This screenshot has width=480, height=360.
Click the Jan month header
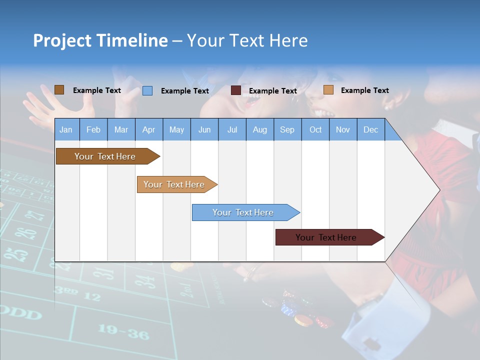[66, 129]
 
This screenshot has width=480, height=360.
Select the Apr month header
[148, 129]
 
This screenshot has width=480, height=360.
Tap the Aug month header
[259, 129]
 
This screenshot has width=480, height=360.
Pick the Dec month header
[370, 129]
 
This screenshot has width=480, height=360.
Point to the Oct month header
[315, 129]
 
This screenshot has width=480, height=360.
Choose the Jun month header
[204, 129]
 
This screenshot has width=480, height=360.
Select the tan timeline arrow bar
[175, 184]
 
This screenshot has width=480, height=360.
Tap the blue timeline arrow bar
[244, 212]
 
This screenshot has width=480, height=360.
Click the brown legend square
[59, 90]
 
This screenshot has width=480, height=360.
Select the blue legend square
[147, 90]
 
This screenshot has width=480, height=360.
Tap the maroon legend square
[235, 90]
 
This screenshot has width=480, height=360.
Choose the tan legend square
[328, 90]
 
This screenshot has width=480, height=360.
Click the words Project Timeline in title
[100, 40]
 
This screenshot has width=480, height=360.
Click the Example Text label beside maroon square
[272, 91]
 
